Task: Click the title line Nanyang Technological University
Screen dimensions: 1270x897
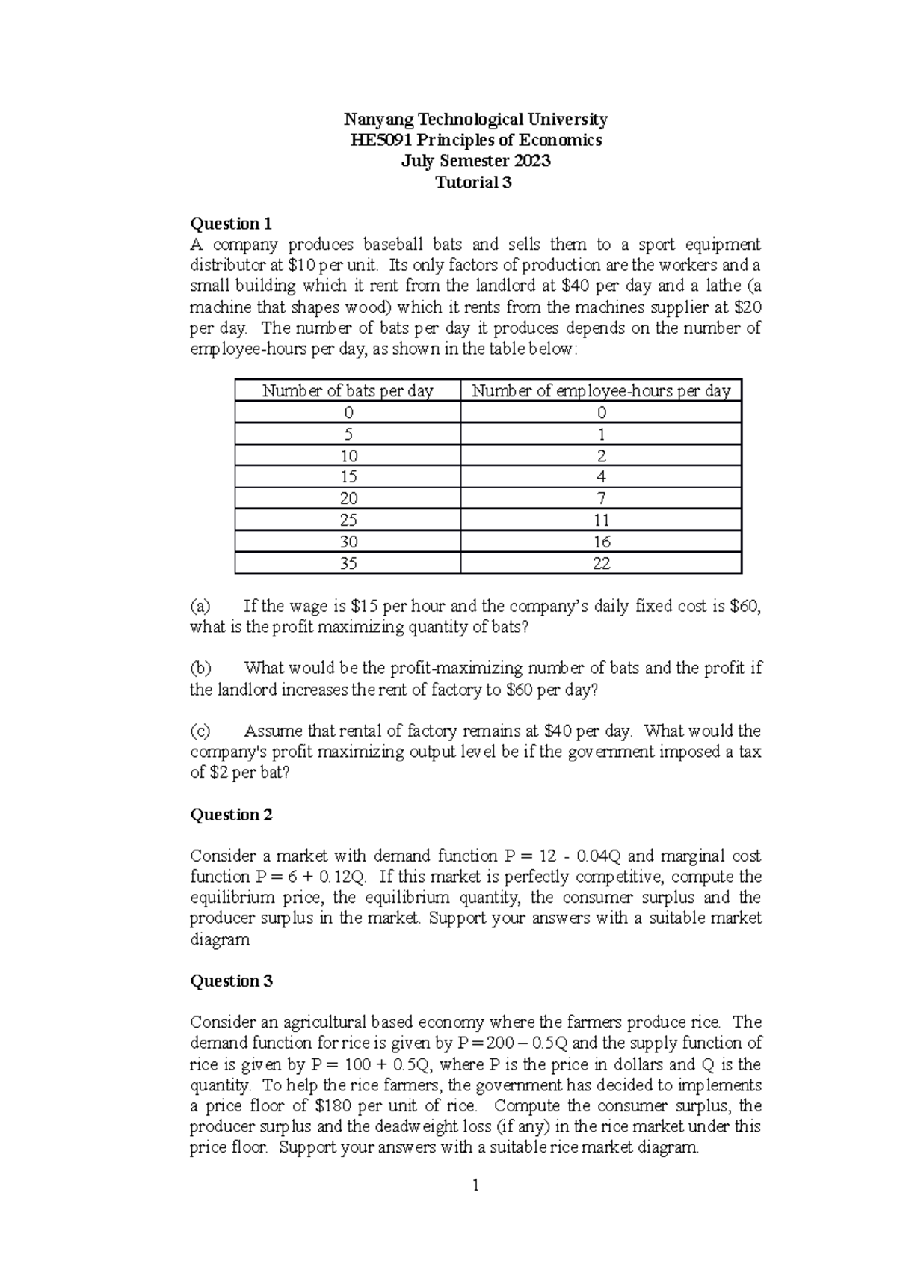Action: (x=475, y=119)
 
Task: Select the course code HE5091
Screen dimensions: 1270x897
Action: (x=380, y=140)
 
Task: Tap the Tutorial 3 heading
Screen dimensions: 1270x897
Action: (x=475, y=182)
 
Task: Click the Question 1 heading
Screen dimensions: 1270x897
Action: (x=231, y=224)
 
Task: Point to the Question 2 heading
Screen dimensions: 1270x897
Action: (x=232, y=815)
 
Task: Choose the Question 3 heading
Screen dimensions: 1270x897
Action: (x=232, y=981)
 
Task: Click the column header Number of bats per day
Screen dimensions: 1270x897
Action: (x=348, y=390)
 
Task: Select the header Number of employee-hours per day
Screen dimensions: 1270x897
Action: (x=601, y=390)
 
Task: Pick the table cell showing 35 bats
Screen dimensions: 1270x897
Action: (x=348, y=563)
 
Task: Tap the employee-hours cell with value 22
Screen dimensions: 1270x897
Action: (x=601, y=563)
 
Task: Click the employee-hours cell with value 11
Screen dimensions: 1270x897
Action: (x=601, y=520)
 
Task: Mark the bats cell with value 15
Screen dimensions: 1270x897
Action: (x=348, y=476)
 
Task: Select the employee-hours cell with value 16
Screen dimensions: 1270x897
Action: (x=601, y=542)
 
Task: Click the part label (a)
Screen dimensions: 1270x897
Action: (x=200, y=606)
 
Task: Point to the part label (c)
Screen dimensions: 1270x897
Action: (x=200, y=731)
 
